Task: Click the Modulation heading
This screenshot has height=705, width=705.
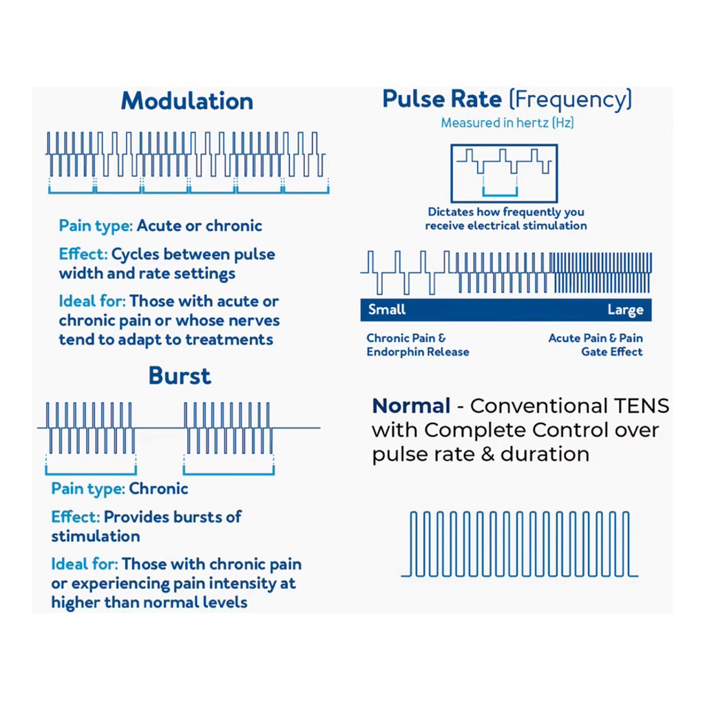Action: coord(187,101)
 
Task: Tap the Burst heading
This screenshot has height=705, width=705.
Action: coord(180,376)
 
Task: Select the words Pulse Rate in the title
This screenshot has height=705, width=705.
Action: coord(442,99)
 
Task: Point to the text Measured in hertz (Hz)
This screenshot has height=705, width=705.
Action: coord(507,123)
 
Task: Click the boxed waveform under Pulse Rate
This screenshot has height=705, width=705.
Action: coord(503,172)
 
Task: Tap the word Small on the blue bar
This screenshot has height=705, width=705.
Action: coord(386,309)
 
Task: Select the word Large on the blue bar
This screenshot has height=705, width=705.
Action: coord(625,310)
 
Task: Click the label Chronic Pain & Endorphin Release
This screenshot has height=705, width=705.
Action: coord(417,345)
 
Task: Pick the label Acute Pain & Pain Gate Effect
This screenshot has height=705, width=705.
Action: coord(596,345)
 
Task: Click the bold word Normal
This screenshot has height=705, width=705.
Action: coord(411,406)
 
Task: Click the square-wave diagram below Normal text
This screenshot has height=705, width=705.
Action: coord(520,544)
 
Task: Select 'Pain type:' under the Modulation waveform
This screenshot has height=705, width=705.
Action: coord(95,226)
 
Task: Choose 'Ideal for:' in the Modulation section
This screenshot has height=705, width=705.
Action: coord(92,301)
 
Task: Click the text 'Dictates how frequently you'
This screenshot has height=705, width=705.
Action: coord(506,212)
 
